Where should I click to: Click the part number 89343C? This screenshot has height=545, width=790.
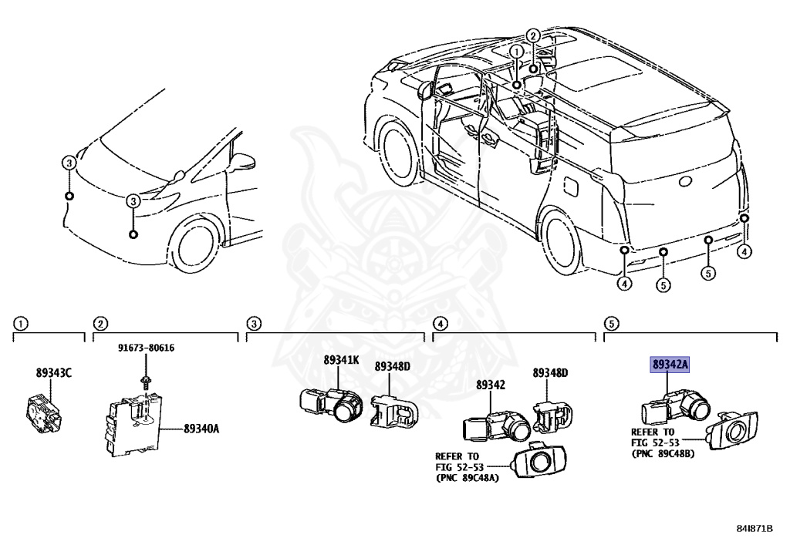point(53,373)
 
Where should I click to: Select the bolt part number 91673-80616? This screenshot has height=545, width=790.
point(146,348)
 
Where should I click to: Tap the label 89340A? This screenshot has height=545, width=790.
point(201,428)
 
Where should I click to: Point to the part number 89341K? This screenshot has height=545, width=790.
point(342,360)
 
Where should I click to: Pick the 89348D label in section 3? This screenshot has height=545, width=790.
point(393,366)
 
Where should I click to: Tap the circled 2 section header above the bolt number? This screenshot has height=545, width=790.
point(100,322)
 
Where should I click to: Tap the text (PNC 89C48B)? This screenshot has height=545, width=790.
point(663,453)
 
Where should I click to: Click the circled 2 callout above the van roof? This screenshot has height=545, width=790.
point(532,35)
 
